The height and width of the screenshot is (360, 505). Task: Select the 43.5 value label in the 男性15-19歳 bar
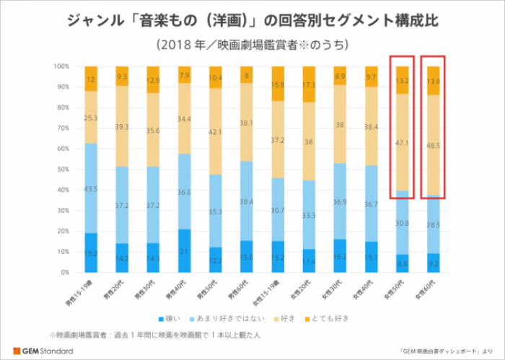91,188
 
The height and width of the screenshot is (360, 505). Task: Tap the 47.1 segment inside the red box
402,142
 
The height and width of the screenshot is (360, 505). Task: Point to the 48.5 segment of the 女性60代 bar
433,145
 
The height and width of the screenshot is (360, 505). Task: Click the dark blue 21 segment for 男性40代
184,251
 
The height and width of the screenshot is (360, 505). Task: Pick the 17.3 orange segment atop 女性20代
309,84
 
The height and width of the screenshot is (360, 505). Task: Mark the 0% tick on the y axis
64,273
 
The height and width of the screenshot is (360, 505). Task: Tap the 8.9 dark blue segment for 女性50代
402,264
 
